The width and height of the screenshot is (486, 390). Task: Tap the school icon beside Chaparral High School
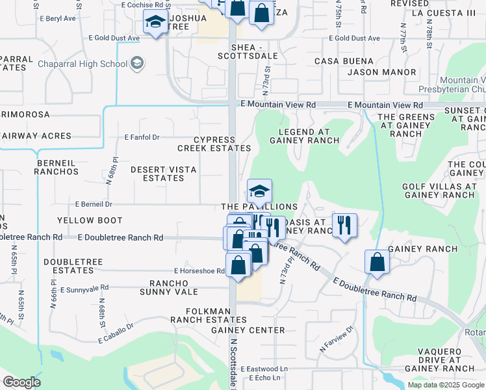pos(137,63)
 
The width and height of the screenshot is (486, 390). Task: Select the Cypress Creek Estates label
pos(214,144)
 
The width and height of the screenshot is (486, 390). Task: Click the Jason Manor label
pos(372,71)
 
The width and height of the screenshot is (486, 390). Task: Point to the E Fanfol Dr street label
pos(142,137)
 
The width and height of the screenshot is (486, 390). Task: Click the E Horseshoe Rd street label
pos(199,271)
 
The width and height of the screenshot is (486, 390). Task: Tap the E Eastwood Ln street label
pos(264,369)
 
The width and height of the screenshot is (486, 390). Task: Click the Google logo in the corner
pos(21,382)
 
